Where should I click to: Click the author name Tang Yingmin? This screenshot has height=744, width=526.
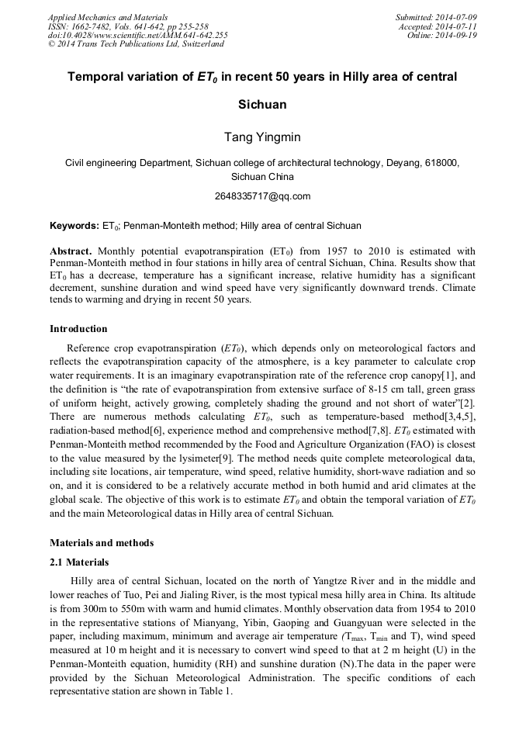pyautogui.click(x=262, y=137)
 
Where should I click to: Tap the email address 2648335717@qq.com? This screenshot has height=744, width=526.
pyautogui.click(x=262, y=196)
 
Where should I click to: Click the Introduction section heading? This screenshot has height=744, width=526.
pyautogui.click(x=78, y=329)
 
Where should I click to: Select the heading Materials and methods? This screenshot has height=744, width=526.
pyautogui.click(x=102, y=543)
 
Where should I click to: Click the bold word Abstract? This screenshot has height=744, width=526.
pyautogui.click(x=71, y=251)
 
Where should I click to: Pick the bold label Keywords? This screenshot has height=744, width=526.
pyautogui.click(x=74, y=226)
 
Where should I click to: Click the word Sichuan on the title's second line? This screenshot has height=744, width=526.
pyautogui.click(x=262, y=104)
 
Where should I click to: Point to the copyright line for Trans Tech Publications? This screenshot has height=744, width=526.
pyautogui.click(x=136, y=44)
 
